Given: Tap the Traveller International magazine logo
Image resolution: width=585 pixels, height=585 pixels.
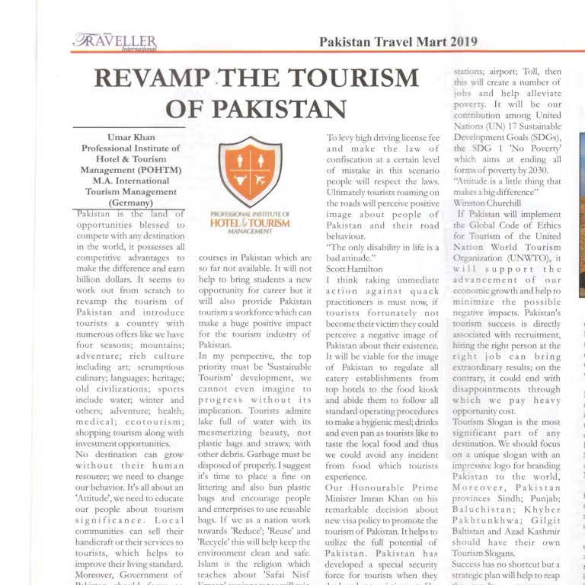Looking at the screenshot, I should tap(115, 42).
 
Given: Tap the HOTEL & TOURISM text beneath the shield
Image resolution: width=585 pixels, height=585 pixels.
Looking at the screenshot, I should tap(250, 223).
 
